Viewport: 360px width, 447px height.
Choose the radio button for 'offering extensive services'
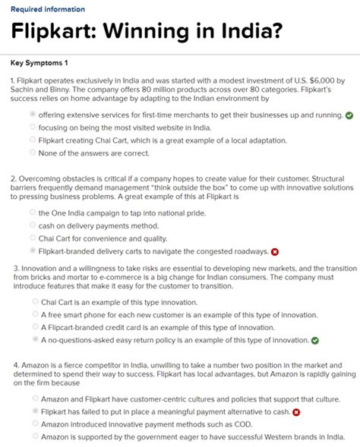[x=32, y=115]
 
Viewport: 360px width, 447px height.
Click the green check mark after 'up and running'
[x=349, y=115]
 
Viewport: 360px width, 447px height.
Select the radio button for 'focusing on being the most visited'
[x=32, y=127]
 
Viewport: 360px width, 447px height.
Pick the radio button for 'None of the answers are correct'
[x=32, y=153]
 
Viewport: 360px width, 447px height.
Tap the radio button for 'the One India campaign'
[x=32, y=213]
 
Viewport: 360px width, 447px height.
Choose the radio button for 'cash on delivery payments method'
[x=32, y=225]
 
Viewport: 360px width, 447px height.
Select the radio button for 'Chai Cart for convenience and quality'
[x=32, y=238]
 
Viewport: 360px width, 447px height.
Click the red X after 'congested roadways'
[x=275, y=251]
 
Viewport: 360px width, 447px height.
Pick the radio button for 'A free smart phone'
[x=35, y=314]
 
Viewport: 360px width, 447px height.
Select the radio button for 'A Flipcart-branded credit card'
[x=35, y=326]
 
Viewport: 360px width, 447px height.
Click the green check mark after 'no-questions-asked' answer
[x=315, y=340]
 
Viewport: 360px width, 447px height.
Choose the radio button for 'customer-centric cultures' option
[x=35, y=398]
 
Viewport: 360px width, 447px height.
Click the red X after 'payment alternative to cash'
[x=296, y=412]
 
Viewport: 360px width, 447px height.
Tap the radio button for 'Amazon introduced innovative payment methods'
[x=35, y=423]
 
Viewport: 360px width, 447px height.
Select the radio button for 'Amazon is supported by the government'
[x=35, y=436]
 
